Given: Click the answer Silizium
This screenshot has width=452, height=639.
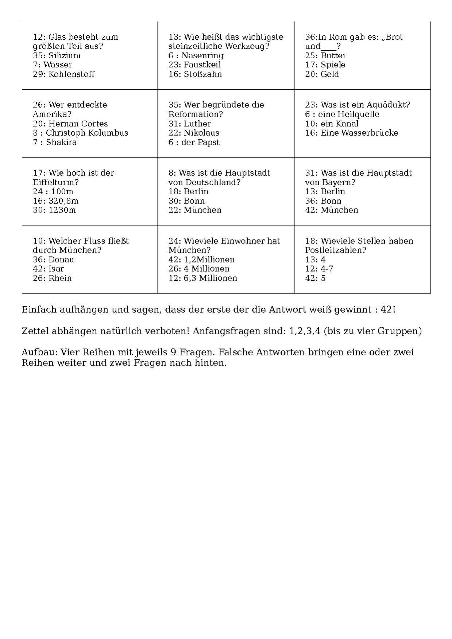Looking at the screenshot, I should coord(64,56).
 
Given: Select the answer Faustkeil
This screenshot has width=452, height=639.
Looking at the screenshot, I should coord(202,65).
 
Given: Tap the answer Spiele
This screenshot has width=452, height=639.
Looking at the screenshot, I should coord(333,65).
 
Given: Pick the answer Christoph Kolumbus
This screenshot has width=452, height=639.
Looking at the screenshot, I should coord(87,133).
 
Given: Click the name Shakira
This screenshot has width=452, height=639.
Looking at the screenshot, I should coord(61,142).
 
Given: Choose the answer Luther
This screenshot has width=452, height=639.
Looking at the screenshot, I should coord(197,124).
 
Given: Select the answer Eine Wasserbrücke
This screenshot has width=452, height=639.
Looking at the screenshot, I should coord(359,133).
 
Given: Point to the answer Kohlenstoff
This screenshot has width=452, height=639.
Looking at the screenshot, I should coord(71,74).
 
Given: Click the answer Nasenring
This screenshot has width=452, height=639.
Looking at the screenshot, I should coord(202,56).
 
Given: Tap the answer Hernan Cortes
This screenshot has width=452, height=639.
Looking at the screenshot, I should coord(78,124).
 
